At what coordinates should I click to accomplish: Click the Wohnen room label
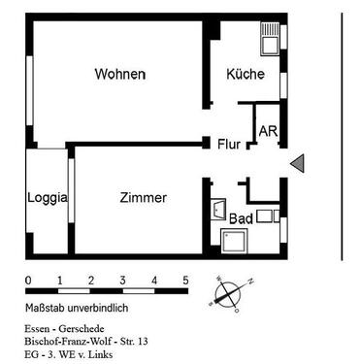click(x=120, y=75)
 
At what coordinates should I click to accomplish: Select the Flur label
click(x=230, y=145)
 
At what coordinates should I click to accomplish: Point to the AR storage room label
click(x=267, y=130)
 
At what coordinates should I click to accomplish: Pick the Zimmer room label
click(x=143, y=197)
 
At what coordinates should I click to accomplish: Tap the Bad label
click(x=242, y=218)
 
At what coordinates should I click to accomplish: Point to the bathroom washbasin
click(x=217, y=209)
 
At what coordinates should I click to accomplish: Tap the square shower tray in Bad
click(x=236, y=241)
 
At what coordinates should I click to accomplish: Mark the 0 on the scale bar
click(x=28, y=281)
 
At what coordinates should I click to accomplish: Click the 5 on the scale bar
click(x=185, y=281)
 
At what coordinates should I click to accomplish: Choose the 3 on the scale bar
click(x=122, y=281)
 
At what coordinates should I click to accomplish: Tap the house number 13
click(x=144, y=343)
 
